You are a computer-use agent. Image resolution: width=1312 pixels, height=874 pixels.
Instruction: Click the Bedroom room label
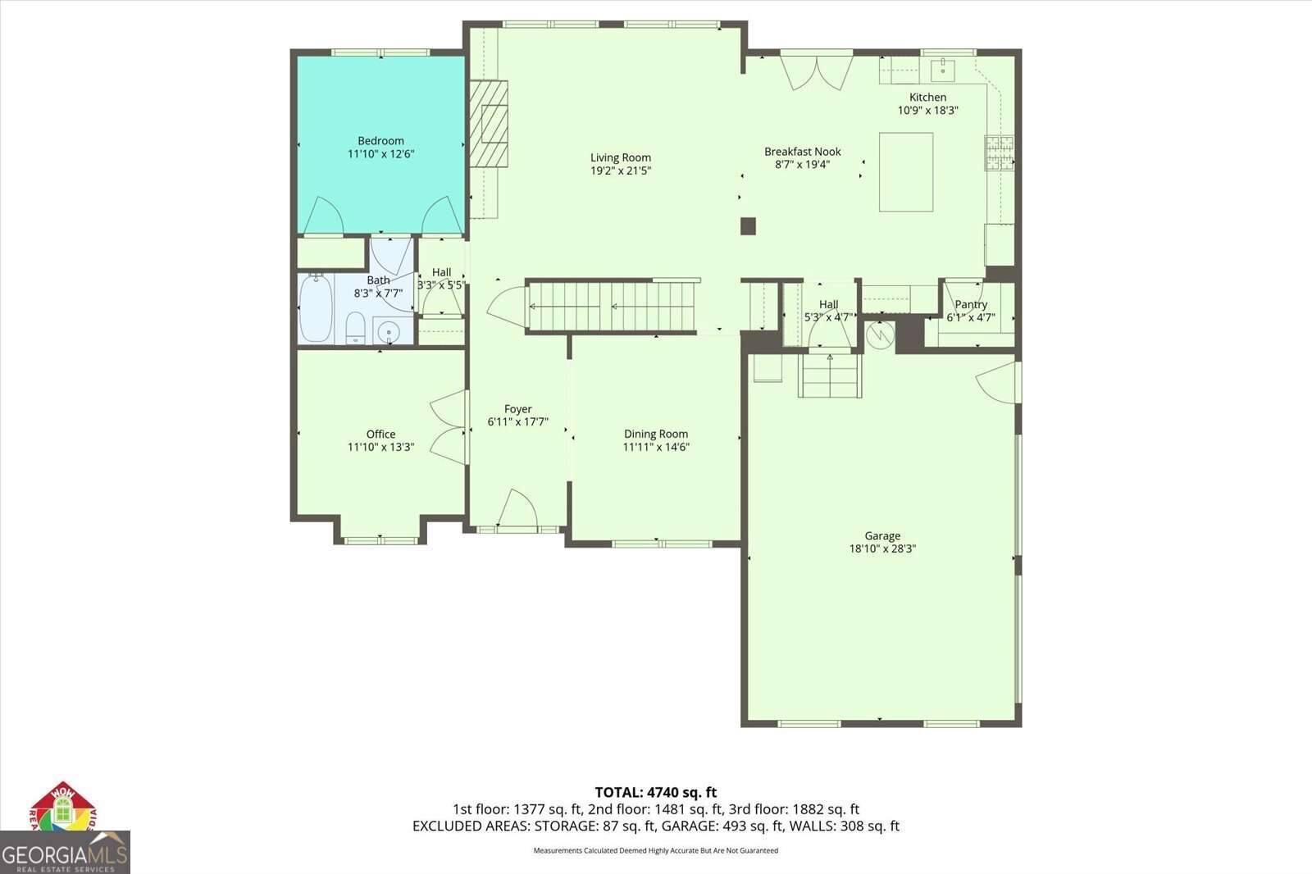click(x=380, y=140)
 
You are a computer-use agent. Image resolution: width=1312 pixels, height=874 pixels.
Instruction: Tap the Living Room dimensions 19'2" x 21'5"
click(x=620, y=171)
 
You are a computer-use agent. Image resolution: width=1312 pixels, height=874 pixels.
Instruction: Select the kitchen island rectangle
click(x=905, y=171)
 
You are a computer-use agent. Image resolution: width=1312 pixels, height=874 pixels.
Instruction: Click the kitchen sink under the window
click(x=943, y=71)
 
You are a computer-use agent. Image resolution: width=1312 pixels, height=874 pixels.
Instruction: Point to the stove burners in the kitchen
click(x=1000, y=152)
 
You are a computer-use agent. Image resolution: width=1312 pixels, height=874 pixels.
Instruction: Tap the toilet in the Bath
click(x=355, y=328)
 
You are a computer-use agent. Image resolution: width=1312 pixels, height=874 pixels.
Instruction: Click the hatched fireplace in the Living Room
click(x=489, y=124)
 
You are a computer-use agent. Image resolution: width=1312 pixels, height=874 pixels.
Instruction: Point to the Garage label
click(x=882, y=535)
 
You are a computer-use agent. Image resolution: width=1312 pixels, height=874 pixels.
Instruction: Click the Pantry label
click(x=971, y=305)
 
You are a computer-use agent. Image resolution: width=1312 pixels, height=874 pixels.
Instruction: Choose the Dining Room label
click(x=656, y=434)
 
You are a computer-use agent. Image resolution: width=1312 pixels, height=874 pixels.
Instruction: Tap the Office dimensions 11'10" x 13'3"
click(x=380, y=447)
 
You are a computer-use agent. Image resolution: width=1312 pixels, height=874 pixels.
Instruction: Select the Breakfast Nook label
click(x=803, y=152)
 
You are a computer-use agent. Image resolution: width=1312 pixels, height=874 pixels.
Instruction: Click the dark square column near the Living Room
click(x=748, y=226)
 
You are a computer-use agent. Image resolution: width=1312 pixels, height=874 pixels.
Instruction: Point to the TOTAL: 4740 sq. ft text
click(x=656, y=792)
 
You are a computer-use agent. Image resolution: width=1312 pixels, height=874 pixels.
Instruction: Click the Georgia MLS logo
click(x=65, y=852)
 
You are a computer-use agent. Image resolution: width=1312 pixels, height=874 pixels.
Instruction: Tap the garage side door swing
click(x=999, y=382)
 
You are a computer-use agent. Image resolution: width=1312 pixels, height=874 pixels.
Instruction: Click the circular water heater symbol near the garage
click(x=881, y=335)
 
